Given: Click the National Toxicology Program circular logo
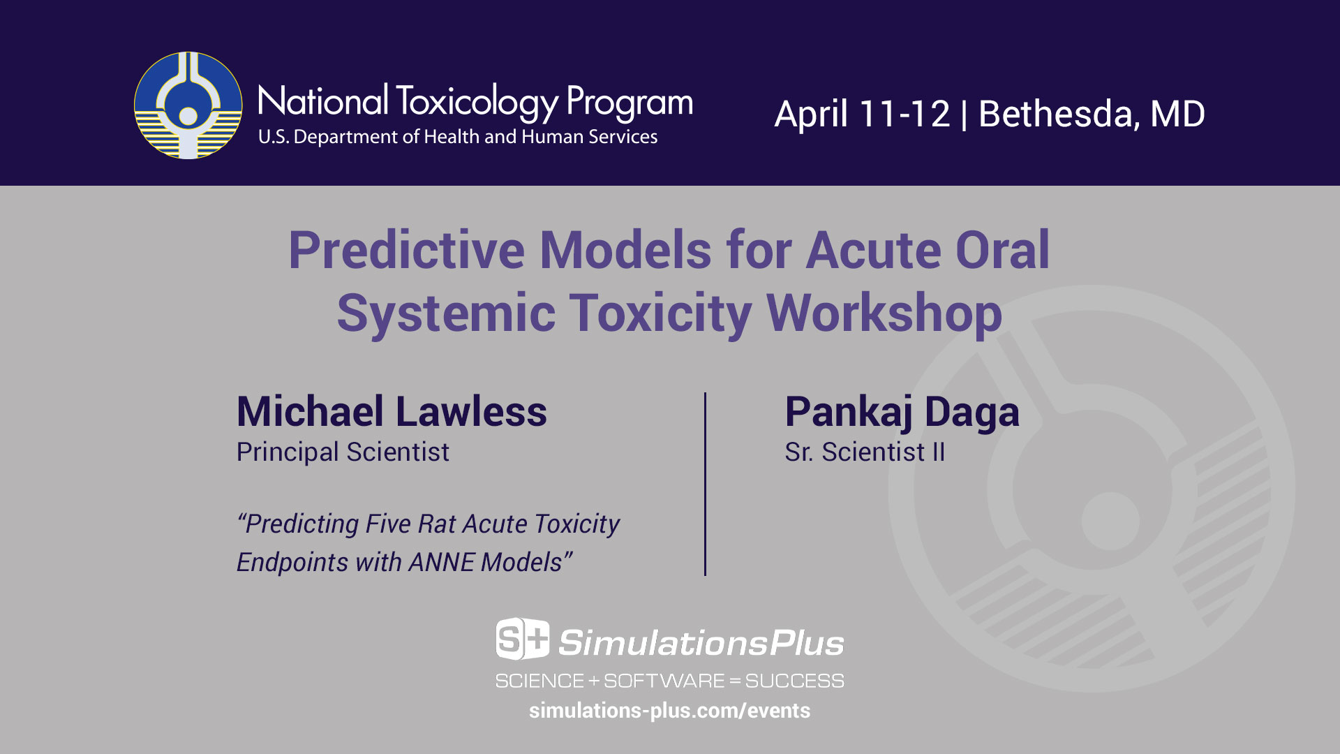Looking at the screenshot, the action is pyautogui.click(x=188, y=105).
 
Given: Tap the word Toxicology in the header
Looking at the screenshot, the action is pyautogui.click(x=477, y=102).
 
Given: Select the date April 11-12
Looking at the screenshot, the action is pyautogui.click(x=863, y=114).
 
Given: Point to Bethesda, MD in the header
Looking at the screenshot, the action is pyautogui.click(x=1092, y=114).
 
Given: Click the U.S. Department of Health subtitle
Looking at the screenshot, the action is pyautogui.click(x=458, y=137).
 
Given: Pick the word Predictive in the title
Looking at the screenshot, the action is pyautogui.click(x=406, y=250).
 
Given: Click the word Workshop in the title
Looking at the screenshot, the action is pyautogui.click(x=884, y=313).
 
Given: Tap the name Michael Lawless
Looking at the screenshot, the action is pyautogui.click(x=392, y=411).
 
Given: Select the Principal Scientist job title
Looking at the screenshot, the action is pyautogui.click(x=343, y=452).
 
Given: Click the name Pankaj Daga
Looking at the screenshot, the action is pyautogui.click(x=902, y=413).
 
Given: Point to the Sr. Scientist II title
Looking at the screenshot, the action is pyautogui.click(x=865, y=452).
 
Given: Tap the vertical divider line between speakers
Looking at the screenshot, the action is pyautogui.click(x=705, y=484).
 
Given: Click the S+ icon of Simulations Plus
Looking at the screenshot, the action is pyautogui.click(x=523, y=639).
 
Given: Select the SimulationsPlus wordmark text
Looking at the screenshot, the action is pyautogui.click(x=701, y=643).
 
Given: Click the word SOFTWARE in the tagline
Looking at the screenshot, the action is pyautogui.click(x=664, y=681).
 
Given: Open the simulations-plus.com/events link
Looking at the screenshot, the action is pyautogui.click(x=669, y=711).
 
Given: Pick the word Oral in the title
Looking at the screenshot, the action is pyautogui.click(x=1002, y=250).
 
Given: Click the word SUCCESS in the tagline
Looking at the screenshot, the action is pyautogui.click(x=794, y=681).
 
